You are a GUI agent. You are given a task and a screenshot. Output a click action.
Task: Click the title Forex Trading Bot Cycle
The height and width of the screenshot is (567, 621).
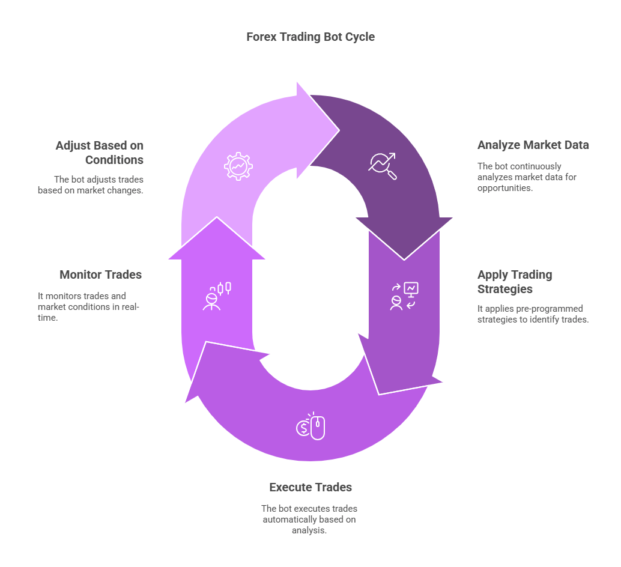point(310,37)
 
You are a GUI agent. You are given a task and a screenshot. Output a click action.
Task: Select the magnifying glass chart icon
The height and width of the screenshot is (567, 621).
point(383,166)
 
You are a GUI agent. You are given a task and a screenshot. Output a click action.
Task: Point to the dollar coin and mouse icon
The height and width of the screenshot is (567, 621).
point(310,426)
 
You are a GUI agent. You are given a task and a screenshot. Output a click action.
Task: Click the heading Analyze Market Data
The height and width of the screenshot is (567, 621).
point(533,145)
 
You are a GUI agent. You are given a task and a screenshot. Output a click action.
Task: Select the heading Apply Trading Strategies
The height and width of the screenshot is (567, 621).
point(514,282)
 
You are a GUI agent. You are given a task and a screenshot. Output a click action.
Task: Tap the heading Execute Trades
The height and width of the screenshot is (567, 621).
point(310,487)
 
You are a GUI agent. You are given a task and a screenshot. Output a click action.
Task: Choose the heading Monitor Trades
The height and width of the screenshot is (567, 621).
point(100,274)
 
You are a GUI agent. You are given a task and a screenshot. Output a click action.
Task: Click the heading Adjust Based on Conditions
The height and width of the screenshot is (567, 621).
point(99,153)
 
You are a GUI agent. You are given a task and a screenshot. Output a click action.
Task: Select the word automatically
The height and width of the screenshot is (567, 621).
point(289,520)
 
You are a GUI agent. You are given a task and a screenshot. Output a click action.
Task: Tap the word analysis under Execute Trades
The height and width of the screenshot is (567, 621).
point(310,530)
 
